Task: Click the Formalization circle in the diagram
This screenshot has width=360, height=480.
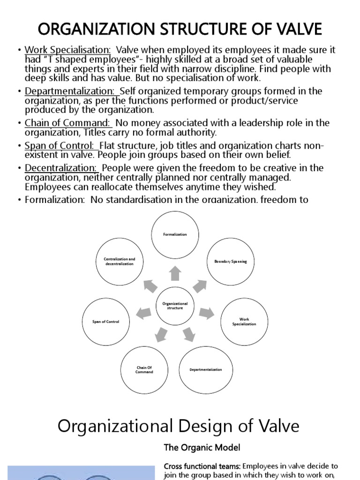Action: [x=175, y=234]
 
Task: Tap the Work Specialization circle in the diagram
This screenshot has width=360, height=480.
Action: [x=244, y=322]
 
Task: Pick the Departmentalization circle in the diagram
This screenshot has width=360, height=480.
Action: [x=205, y=369]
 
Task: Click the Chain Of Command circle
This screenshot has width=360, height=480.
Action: [x=144, y=369]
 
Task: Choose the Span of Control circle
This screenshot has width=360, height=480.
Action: [x=105, y=322]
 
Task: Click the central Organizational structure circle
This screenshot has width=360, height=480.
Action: [x=175, y=306]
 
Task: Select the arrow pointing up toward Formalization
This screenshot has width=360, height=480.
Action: [x=175, y=272]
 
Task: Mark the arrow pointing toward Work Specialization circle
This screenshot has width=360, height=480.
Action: [x=206, y=313]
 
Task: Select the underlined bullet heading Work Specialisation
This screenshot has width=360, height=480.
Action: [x=67, y=50]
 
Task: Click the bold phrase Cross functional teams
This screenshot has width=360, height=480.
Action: [x=202, y=466]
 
